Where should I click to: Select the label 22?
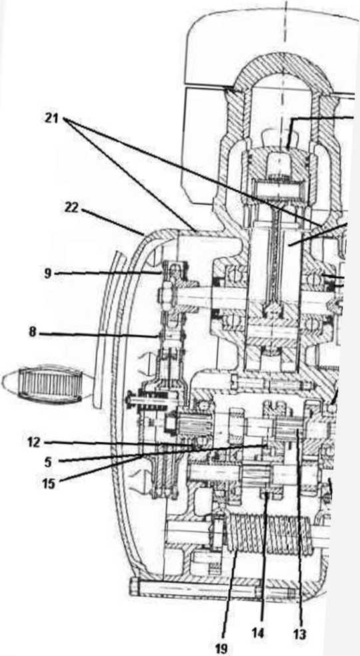(x=72, y=208)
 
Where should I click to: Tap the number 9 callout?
(x=48, y=274)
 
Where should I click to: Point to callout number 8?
(x=33, y=333)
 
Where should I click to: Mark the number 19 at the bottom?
(x=222, y=649)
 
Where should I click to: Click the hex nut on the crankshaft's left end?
(x=164, y=296)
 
